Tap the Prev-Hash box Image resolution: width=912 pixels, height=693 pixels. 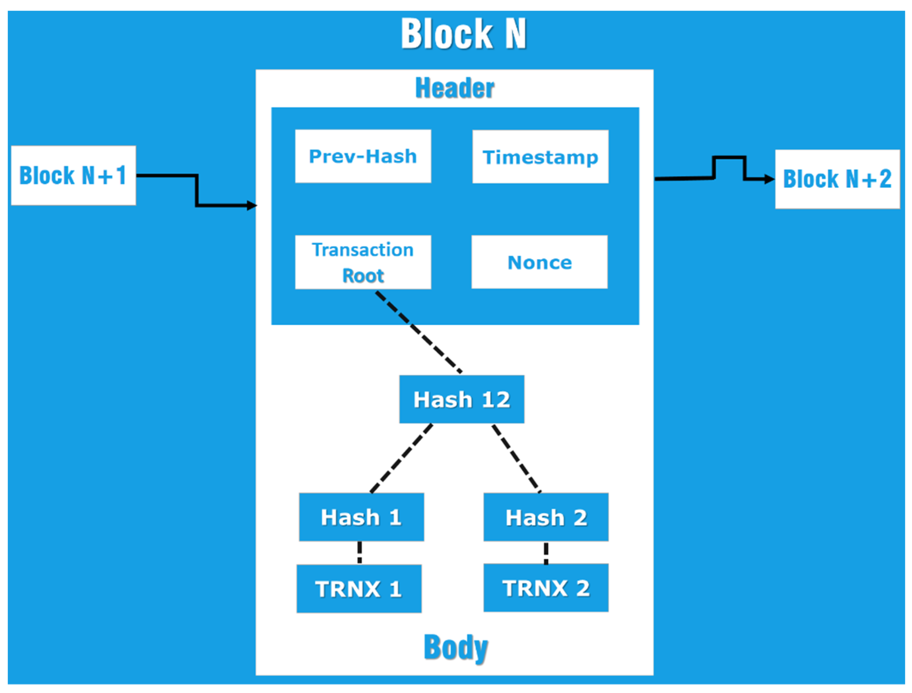tap(363, 156)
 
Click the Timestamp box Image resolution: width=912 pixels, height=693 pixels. tap(540, 157)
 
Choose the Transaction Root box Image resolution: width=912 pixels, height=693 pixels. tap(363, 262)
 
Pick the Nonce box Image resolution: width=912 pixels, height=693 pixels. tap(539, 262)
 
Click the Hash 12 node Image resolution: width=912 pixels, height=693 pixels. tap(461, 399)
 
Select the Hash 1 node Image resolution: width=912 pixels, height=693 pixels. tap(361, 517)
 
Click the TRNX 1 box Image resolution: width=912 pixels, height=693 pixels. tap(359, 589)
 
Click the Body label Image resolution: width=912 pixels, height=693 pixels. tap(455, 648)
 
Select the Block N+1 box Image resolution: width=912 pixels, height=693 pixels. tap(73, 175)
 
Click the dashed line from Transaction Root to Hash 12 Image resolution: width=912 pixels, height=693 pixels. tap(419, 332)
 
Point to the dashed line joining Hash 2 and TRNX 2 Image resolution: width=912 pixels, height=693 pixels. tap(546, 553)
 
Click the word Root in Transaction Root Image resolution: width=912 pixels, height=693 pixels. tap(363, 275)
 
